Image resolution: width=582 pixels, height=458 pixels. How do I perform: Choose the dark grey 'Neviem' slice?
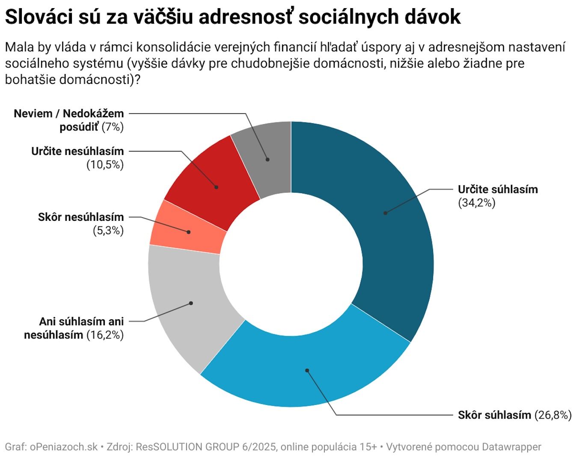[x=267, y=158]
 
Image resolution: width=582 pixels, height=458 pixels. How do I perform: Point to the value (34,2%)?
[x=476, y=203]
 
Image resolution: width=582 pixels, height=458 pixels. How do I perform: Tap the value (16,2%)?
[x=105, y=335]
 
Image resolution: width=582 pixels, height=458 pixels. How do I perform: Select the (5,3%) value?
[x=108, y=231]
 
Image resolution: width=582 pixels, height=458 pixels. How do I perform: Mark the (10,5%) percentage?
[x=105, y=165]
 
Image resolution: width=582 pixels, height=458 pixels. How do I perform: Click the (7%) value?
[x=113, y=127]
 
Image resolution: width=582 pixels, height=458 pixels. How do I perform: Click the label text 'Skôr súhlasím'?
[x=494, y=415]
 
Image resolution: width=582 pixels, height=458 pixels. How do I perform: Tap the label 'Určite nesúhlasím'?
[x=77, y=151]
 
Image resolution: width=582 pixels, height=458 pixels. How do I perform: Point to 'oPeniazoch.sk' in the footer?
[x=64, y=447]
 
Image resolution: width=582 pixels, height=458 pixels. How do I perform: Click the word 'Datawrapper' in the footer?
[x=511, y=447]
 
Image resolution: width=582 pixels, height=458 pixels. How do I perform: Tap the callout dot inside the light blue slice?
[x=307, y=370]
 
